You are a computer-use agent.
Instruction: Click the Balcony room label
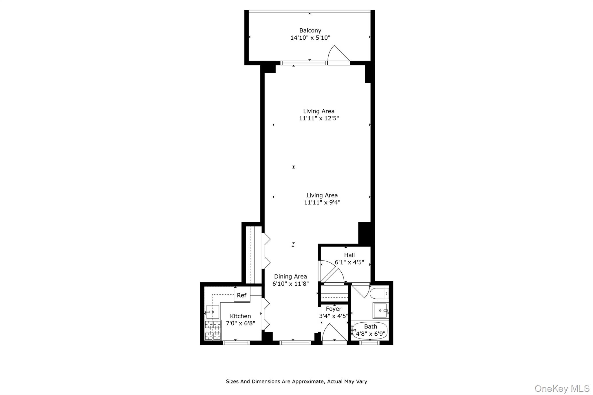coord(310,30)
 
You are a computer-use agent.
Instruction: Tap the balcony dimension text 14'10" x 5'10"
coord(310,38)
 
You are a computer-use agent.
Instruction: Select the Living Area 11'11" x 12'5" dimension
coord(319,118)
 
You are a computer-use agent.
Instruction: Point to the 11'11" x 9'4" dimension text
coord(322,202)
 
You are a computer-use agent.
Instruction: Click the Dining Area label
coord(290,276)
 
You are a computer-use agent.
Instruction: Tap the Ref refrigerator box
coord(242,295)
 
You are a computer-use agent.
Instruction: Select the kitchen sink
coord(213,312)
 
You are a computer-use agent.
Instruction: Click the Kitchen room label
coord(240,316)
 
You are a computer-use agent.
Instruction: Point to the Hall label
coord(349,255)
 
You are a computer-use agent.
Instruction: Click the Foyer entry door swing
coord(333,333)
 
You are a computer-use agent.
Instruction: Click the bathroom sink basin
coord(380,310)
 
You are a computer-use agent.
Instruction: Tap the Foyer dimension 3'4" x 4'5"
coord(334,316)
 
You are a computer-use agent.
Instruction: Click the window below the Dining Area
coord(295,343)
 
